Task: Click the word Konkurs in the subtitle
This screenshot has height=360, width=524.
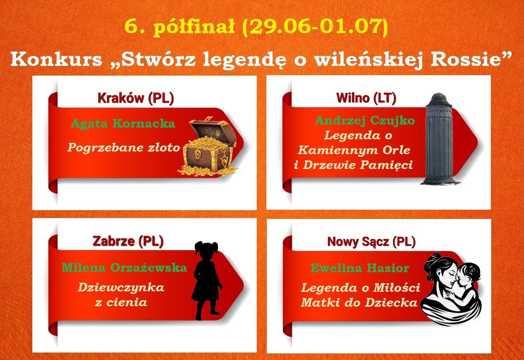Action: (56, 59)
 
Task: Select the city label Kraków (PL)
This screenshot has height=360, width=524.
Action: (136, 98)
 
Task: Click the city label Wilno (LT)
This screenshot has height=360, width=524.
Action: (366, 98)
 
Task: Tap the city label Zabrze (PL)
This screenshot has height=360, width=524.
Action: (128, 241)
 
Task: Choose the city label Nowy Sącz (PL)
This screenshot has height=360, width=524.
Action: (371, 242)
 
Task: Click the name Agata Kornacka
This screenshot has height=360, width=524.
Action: (123, 123)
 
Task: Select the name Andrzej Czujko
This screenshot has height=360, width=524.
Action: (365, 121)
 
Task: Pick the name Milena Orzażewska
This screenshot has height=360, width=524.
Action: (124, 268)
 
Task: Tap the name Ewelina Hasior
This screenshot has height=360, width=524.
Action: (360, 268)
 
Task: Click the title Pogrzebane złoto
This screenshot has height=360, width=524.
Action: (124, 148)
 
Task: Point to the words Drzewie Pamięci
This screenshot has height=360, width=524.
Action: (358, 165)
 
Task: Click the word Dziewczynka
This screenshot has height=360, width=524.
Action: (121, 287)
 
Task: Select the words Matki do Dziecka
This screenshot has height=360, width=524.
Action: (359, 302)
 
